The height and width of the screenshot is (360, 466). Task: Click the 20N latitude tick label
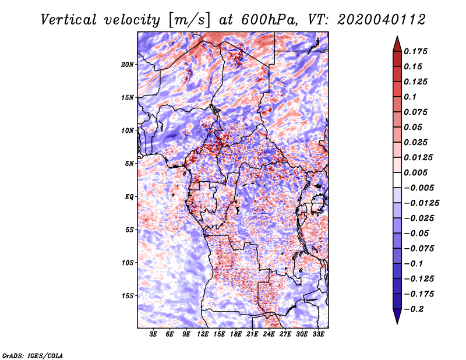(128, 65)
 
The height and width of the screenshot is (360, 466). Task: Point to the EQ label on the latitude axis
(129, 197)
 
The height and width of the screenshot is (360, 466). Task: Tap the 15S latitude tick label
(128, 296)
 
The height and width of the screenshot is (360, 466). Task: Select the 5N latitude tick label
(129, 164)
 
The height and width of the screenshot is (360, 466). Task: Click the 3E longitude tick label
(153, 334)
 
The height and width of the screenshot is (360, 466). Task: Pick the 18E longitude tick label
(236, 334)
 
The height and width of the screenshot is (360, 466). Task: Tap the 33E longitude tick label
(318, 334)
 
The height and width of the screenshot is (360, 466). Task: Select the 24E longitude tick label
(269, 334)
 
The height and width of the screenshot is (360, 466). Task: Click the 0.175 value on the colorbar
(415, 51)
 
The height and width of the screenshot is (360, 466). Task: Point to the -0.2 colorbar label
(414, 309)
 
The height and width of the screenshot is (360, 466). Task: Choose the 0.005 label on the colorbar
(415, 172)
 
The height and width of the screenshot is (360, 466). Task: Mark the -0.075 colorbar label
(419, 249)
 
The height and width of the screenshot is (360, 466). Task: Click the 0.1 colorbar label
(410, 97)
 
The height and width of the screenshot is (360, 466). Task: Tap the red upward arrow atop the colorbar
(397, 44)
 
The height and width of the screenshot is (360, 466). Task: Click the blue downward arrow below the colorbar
(397, 316)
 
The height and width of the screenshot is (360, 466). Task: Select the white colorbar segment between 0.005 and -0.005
(397, 180)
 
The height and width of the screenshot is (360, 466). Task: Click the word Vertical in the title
(69, 20)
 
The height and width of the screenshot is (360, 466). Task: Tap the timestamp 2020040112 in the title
(382, 20)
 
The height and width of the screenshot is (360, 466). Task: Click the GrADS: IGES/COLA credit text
(33, 356)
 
